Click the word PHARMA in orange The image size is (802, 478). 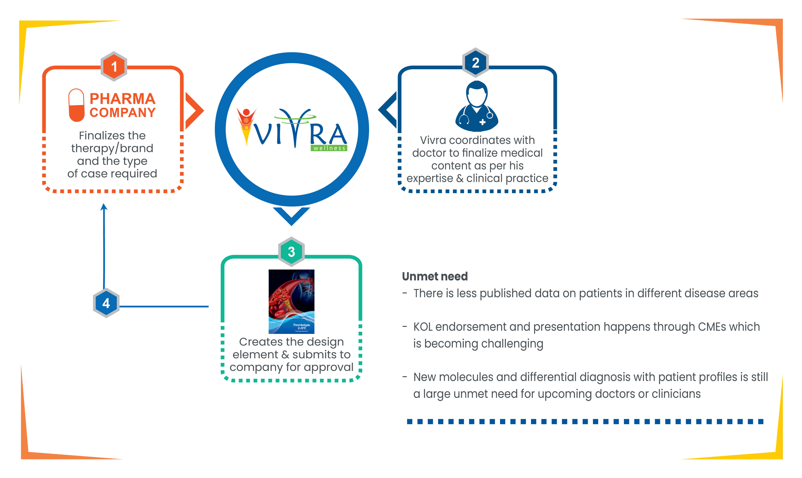[122, 99]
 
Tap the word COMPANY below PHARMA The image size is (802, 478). [122, 113]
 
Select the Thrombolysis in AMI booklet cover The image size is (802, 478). [291, 301]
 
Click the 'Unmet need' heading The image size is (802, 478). [435, 276]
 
